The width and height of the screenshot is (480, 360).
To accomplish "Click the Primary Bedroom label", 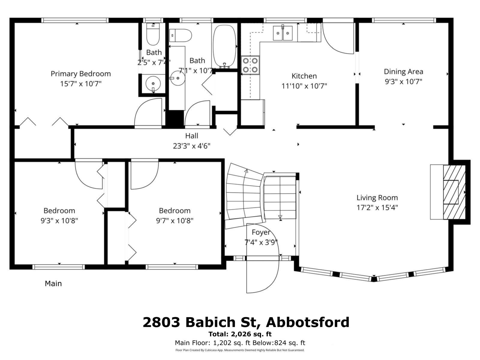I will [x=80, y=74].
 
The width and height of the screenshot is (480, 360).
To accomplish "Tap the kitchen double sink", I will [x=283, y=33].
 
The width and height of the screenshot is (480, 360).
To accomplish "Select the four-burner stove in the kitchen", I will [x=250, y=65].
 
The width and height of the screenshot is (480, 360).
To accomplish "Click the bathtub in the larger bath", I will [x=224, y=46].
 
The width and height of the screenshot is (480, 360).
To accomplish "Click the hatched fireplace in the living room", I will [x=454, y=192].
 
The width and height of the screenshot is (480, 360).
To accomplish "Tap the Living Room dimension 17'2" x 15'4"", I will [x=377, y=208].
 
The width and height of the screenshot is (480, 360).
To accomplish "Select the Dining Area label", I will [x=403, y=72].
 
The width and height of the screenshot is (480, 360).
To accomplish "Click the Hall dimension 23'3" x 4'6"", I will [x=191, y=146].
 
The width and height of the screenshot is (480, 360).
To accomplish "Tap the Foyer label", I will [x=260, y=232].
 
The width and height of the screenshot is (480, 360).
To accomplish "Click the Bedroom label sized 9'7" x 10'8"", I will [x=175, y=211].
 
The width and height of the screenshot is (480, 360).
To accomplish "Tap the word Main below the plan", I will [x=53, y=283].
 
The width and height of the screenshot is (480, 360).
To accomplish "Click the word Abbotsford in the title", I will [x=307, y=322].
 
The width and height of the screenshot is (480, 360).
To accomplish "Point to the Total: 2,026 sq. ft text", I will [x=240, y=334].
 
